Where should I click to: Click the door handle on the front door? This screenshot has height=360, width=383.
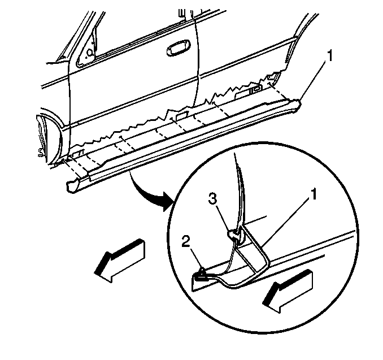pyautogui.click(x=179, y=47)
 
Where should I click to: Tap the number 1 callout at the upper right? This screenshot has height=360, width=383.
pyautogui.click(x=330, y=56)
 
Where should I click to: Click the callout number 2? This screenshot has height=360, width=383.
pyautogui.click(x=186, y=242)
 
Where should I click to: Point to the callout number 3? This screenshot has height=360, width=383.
pyautogui.click(x=213, y=198)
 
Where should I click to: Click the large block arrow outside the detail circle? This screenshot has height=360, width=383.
pyautogui.click(x=120, y=261)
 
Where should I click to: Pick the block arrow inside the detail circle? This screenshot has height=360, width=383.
pyautogui.click(x=288, y=291)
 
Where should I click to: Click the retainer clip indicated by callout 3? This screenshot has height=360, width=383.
pyautogui.click(x=235, y=235)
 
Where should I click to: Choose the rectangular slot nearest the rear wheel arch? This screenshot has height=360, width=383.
pyautogui.click(x=255, y=89)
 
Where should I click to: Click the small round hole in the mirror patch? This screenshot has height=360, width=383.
pyautogui.click(x=90, y=52)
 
